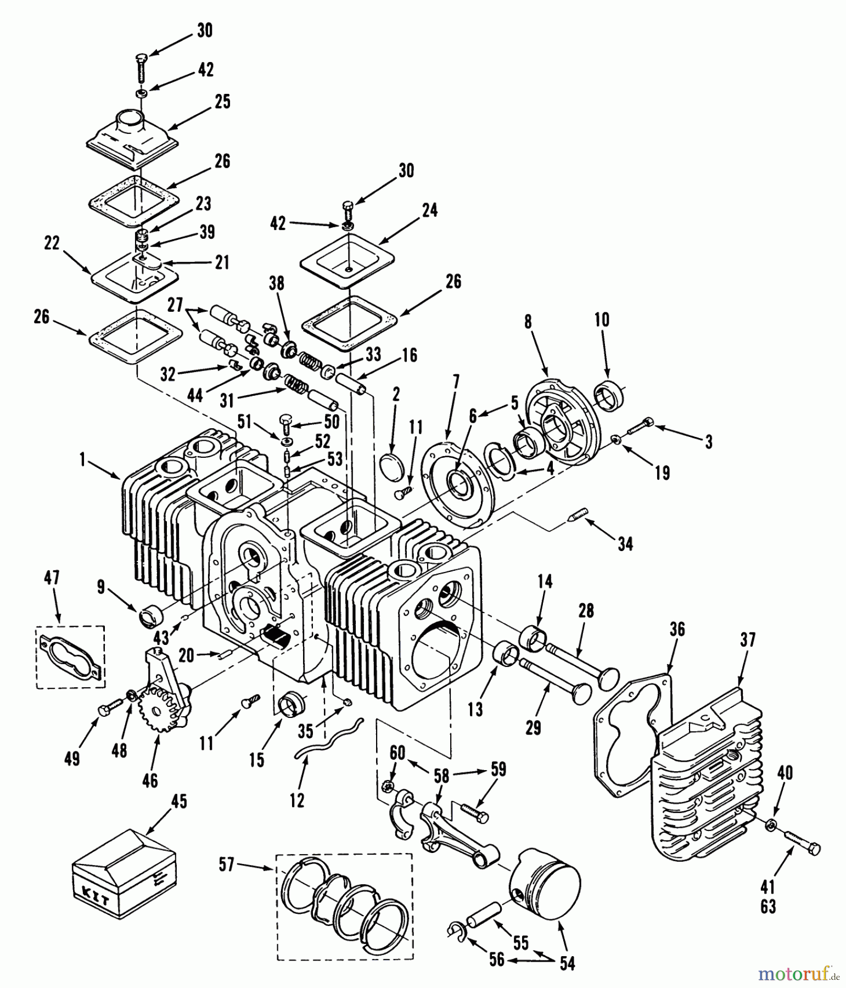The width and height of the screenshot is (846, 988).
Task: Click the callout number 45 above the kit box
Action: [178, 802]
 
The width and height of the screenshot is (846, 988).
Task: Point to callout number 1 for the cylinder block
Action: [82, 460]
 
